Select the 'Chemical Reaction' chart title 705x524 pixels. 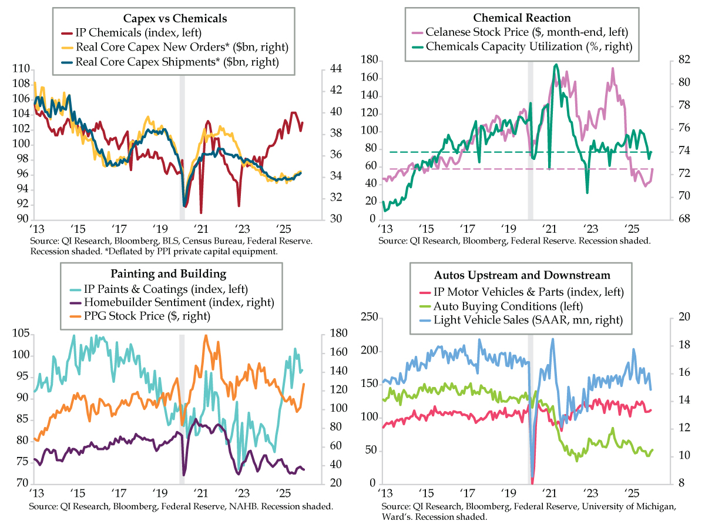[523, 18]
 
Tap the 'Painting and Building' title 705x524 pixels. [168, 273]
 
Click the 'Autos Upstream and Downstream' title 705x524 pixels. [522, 275]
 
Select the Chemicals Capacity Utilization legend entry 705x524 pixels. [527, 47]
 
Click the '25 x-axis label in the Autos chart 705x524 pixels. [633, 491]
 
